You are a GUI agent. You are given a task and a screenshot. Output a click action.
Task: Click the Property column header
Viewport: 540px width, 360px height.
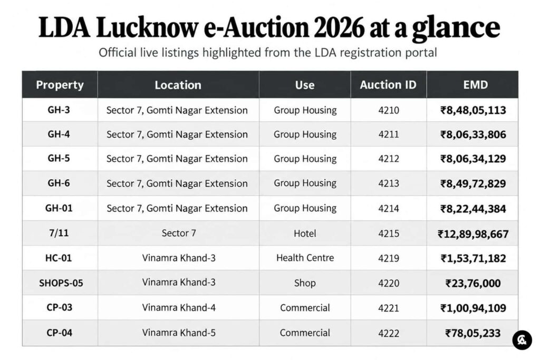(x=60, y=85)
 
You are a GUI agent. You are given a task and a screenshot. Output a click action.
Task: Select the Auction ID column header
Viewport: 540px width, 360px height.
(x=388, y=85)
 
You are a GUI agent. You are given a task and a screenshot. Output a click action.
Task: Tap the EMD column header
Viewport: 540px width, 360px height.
(x=475, y=85)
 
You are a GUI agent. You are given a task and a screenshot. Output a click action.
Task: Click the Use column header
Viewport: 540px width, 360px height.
(x=305, y=85)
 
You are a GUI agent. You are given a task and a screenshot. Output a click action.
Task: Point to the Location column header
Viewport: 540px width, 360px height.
(x=178, y=85)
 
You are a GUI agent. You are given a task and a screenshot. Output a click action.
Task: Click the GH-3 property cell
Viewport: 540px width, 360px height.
(x=59, y=110)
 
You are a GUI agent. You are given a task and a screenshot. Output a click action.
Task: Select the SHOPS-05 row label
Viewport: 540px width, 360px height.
(x=61, y=283)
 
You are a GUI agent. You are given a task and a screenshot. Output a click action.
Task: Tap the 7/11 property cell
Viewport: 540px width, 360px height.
(x=59, y=233)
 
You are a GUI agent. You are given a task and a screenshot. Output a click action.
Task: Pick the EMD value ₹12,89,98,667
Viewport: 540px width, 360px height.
(x=473, y=234)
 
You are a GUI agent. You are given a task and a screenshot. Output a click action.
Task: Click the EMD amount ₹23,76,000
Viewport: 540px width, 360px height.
(x=473, y=283)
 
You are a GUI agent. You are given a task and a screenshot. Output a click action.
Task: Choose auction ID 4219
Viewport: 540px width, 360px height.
(x=389, y=258)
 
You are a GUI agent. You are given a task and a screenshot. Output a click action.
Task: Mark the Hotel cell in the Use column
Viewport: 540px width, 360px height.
(x=305, y=233)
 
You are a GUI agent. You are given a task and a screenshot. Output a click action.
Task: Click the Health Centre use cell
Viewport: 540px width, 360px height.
(x=305, y=258)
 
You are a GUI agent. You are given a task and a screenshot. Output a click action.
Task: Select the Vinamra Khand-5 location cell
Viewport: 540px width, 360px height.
(x=179, y=333)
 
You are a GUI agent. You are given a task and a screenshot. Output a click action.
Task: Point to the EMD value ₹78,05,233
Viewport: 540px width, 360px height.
(x=473, y=333)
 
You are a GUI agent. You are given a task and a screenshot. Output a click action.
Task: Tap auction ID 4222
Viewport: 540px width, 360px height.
(x=389, y=333)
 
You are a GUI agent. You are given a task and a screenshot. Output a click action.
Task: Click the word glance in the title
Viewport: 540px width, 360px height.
(x=456, y=28)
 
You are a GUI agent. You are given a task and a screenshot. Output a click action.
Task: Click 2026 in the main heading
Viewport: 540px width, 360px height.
(x=339, y=27)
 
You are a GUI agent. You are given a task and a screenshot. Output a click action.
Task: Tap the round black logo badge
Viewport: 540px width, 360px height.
(x=522, y=340)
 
